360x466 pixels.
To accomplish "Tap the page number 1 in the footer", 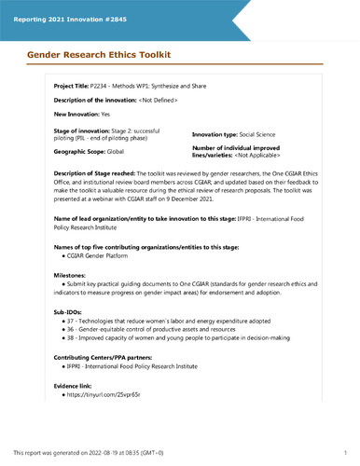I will coord(346,454).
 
